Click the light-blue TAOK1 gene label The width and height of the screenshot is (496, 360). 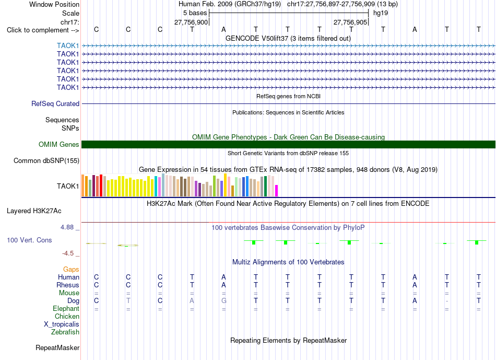pyautogui.click(x=68, y=45)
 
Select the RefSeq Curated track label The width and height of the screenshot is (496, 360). pyautogui.click(x=55, y=103)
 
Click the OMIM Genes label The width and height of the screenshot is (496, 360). pyautogui.click(x=59, y=144)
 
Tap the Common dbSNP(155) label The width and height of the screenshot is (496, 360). pyautogui.click(x=46, y=160)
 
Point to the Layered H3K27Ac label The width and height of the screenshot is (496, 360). pyautogui.click(x=34, y=211)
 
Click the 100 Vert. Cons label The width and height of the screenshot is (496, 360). pyautogui.click(x=29, y=240)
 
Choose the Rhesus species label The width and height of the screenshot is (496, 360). pyautogui.click(x=68, y=285)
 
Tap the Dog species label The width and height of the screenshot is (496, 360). pyautogui.click(x=73, y=300)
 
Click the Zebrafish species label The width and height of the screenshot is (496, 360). pyautogui.click(x=65, y=332)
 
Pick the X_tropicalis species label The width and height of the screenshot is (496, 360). pyautogui.click(x=62, y=324)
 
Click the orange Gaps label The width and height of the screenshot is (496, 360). pyautogui.click(x=71, y=269)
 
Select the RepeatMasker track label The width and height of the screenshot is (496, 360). pyautogui.click(x=57, y=347)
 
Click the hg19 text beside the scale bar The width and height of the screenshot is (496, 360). pyautogui.click(x=381, y=13)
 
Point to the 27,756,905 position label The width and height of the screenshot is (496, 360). pyautogui.click(x=350, y=22)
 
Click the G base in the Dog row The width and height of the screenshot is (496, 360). pyautogui.click(x=223, y=300)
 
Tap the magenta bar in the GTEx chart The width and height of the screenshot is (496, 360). pyautogui.click(x=277, y=191)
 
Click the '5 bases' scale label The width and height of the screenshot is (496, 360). pyautogui.click(x=195, y=13)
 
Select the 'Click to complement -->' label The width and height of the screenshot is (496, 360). pyautogui.click(x=43, y=30)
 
